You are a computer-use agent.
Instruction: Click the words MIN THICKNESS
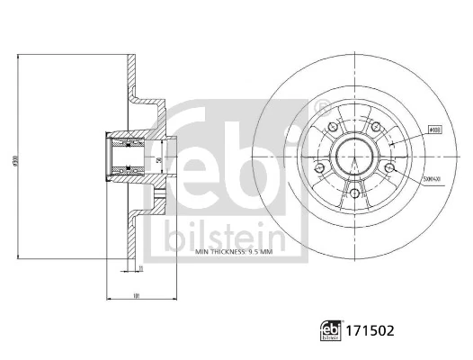[221, 253]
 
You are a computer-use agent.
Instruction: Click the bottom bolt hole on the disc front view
[353, 193]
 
